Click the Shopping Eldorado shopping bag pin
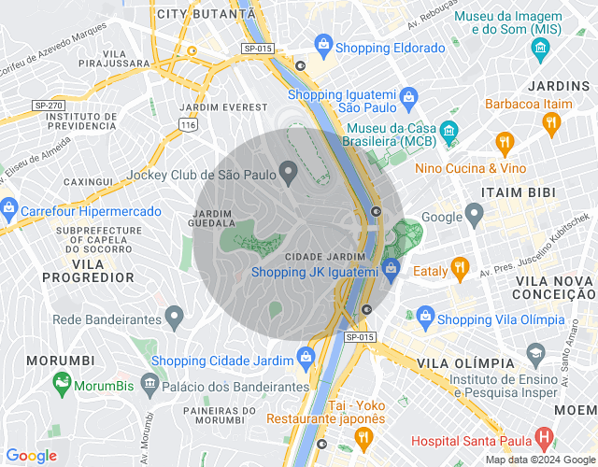(x=323, y=43)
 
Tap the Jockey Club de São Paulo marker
(x=290, y=171)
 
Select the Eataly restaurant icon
(x=459, y=269)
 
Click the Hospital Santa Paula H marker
(x=544, y=438)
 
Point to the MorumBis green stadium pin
(x=62, y=381)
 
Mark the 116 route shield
(x=190, y=123)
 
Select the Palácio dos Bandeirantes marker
(x=149, y=382)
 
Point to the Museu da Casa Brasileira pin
(x=449, y=129)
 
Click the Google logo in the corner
(x=31, y=455)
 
